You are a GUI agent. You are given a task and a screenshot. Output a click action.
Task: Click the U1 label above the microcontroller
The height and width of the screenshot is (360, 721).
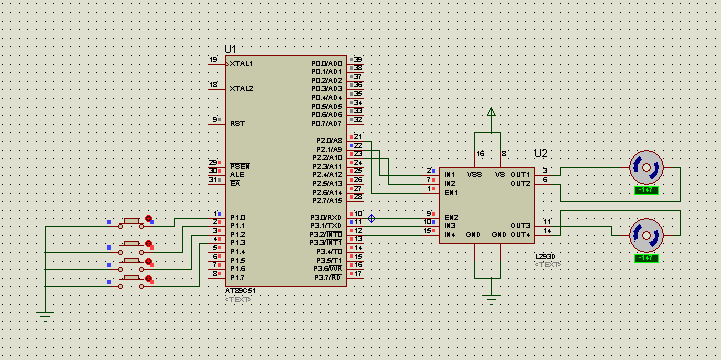[231, 49]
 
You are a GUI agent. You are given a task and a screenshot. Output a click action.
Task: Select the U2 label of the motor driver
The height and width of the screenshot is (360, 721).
[541, 153]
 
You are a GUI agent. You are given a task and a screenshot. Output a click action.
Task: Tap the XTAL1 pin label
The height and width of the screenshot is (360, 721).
[241, 63]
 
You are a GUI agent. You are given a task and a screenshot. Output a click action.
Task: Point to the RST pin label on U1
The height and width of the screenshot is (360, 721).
[237, 123]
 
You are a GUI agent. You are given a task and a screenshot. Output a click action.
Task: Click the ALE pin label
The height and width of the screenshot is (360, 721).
[236, 174]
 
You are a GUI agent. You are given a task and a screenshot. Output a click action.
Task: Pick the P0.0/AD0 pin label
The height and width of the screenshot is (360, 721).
[327, 63]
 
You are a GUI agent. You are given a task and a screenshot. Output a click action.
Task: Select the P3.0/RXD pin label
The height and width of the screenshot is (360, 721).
[326, 217]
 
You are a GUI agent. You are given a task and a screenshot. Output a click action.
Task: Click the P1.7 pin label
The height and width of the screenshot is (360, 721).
[238, 277]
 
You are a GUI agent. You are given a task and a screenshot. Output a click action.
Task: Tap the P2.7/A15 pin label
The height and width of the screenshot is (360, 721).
[327, 200]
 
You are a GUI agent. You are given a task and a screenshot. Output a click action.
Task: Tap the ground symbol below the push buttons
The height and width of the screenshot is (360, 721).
[45, 315]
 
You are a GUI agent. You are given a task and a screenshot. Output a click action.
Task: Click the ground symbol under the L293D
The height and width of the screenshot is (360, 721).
[490, 295]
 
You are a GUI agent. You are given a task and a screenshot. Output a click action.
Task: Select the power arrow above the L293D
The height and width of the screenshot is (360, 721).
[490, 112]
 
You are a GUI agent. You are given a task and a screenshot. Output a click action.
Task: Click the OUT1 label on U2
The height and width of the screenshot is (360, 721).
[520, 174]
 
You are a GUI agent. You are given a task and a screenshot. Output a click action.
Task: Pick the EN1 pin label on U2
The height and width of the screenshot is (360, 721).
[451, 192]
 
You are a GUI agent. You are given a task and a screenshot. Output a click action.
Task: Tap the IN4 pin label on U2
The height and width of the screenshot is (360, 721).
[450, 234]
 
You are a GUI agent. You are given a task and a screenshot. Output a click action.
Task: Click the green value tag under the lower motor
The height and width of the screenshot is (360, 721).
[646, 258]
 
